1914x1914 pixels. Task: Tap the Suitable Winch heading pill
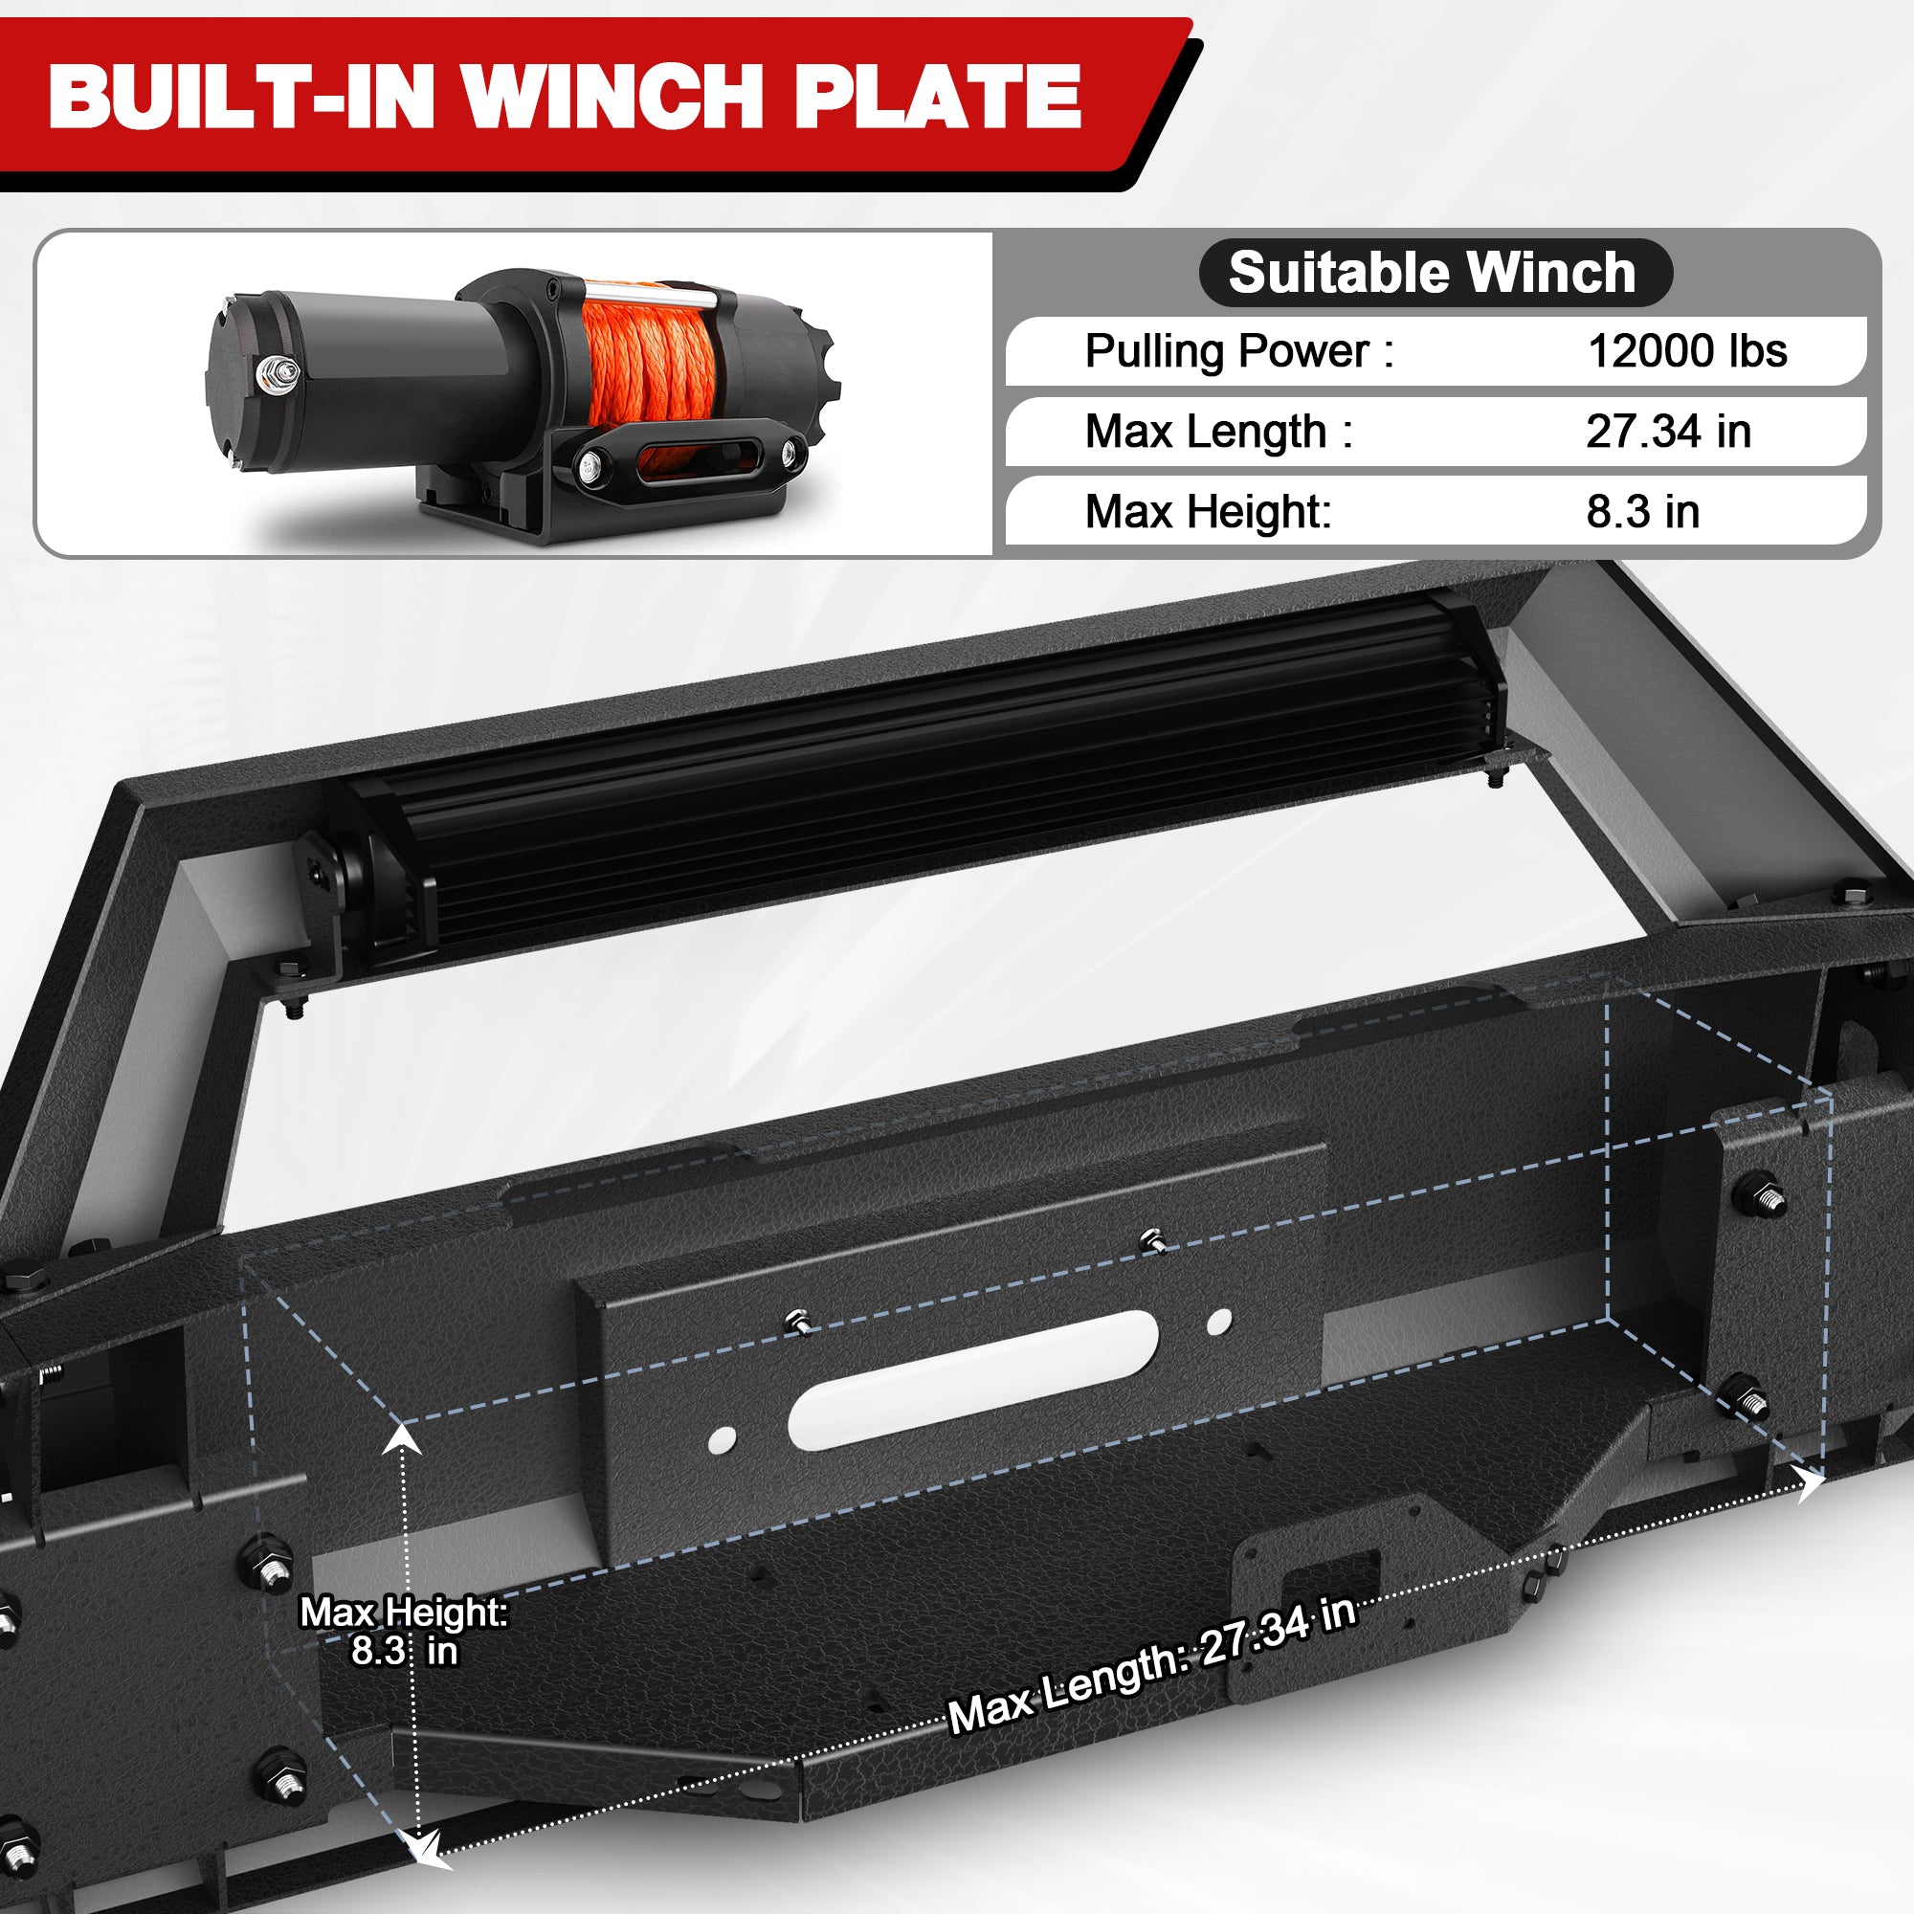pos(1434,273)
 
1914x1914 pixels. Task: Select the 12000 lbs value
pos(1686,350)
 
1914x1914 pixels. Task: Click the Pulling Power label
pos(1238,350)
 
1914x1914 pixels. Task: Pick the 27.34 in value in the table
pos(1667,431)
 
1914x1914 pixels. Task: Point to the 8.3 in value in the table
pos(1641,511)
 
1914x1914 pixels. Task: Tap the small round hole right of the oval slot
pos(1219,1322)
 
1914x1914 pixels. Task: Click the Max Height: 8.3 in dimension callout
pos(403,1632)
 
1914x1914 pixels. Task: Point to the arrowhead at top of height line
pos(402,1437)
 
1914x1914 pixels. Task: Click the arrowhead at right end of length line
pos(1809,1484)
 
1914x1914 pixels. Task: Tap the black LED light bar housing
pos(922,772)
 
